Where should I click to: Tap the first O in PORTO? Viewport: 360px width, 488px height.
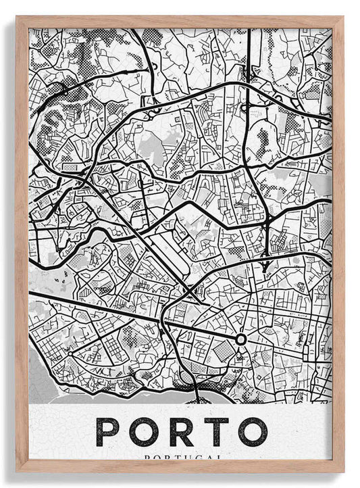click(145, 432)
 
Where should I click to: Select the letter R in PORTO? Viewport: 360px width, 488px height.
click(180, 432)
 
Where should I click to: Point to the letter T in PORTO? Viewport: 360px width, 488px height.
click(216, 432)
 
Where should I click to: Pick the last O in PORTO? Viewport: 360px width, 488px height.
click(252, 432)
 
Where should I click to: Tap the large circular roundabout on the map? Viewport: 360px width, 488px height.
click(240, 339)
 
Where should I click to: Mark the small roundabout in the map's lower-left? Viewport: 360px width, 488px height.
click(70, 352)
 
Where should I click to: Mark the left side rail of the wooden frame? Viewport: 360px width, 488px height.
click(22, 243)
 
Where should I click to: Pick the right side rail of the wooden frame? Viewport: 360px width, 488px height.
click(338, 243)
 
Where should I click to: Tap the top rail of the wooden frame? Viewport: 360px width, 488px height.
click(180, 22)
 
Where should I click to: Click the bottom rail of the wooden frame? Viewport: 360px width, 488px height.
click(180, 466)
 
